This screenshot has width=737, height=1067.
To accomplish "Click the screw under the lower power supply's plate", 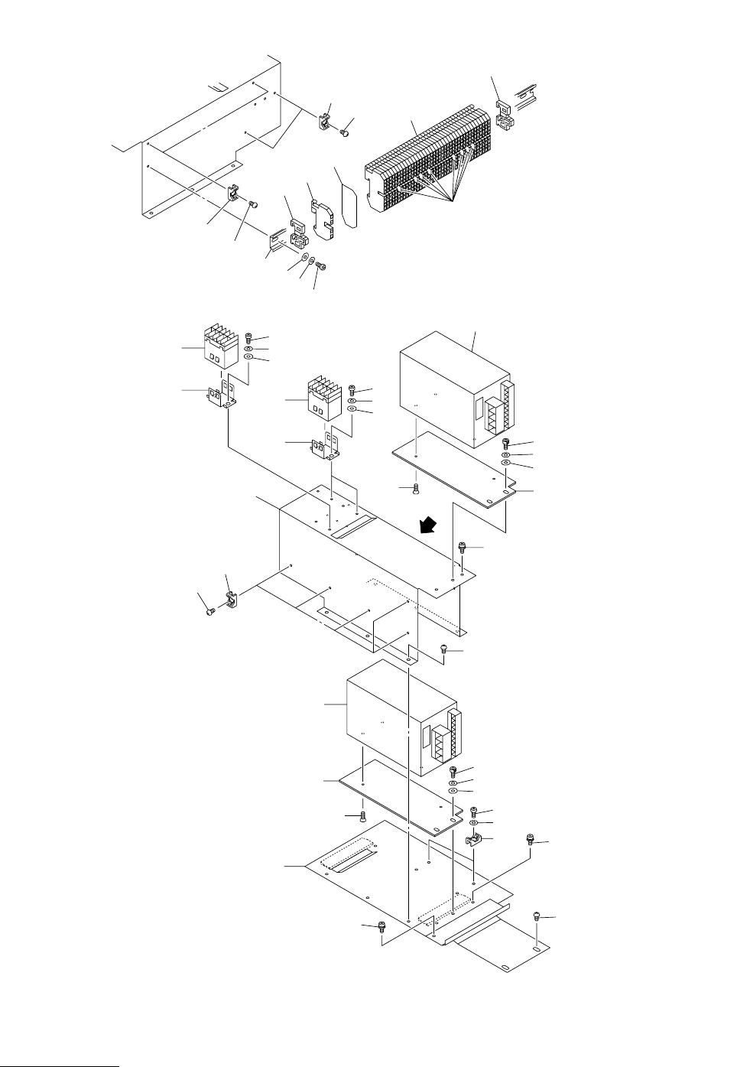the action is (x=364, y=816).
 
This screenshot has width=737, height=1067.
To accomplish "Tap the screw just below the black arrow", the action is (x=461, y=546).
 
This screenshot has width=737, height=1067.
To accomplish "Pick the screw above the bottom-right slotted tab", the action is (x=537, y=915).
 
